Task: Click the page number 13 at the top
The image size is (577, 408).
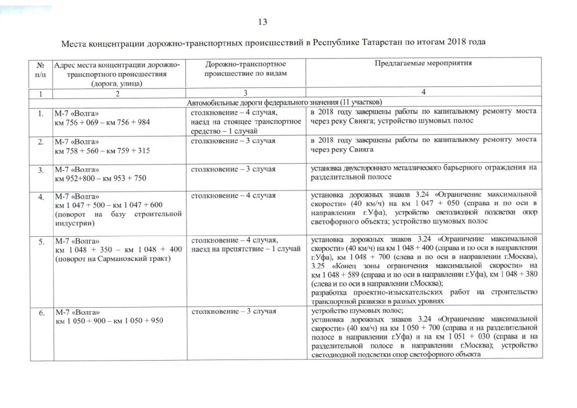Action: pyautogui.click(x=261, y=22)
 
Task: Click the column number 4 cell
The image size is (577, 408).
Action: pyautogui.click(x=423, y=93)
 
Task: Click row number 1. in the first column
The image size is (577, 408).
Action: pyautogui.click(x=41, y=113)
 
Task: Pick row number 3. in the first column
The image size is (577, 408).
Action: pyautogui.click(x=41, y=169)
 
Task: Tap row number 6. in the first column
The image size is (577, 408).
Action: pyautogui.click(x=41, y=312)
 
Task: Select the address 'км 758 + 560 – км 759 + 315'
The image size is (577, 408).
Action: pyautogui.click(x=102, y=150)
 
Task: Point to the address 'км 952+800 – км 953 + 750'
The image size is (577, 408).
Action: pyautogui.click(x=100, y=179)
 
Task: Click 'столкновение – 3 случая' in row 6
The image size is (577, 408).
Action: pyautogui.click(x=233, y=311)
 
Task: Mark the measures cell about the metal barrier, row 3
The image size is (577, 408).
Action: pyautogui.click(x=423, y=172)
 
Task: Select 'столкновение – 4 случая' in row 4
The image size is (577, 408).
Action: pyautogui.click(x=233, y=196)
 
